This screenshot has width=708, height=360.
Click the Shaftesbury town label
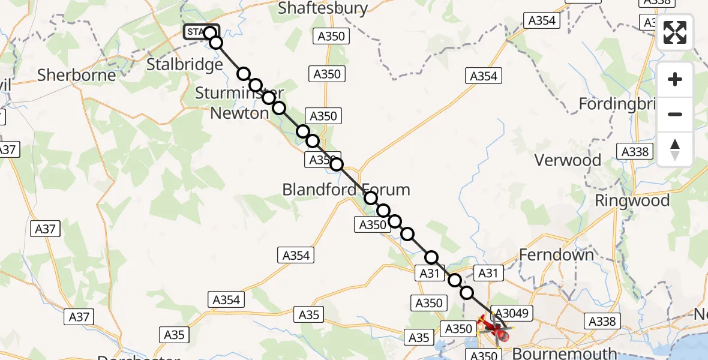(x=323, y=8)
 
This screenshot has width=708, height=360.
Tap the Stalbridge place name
(x=185, y=64)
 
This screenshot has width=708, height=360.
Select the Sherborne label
(x=76, y=75)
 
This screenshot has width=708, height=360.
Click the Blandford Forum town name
(x=346, y=190)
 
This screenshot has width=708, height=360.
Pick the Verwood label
(x=568, y=160)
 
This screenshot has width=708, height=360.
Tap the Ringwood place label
(x=632, y=200)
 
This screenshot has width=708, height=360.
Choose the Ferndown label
(x=556, y=255)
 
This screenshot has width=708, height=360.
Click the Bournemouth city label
(x=564, y=353)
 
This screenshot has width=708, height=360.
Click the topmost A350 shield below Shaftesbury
(x=330, y=36)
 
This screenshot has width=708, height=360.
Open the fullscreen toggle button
(x=675, y=32)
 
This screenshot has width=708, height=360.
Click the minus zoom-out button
(x=675, y=114)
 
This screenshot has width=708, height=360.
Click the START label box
(x=194, y=32)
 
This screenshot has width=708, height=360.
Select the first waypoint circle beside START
(x=209, y=32)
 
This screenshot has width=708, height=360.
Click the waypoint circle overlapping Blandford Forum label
(x=371, y=198)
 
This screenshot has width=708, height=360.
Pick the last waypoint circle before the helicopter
(x=467, y=293)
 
